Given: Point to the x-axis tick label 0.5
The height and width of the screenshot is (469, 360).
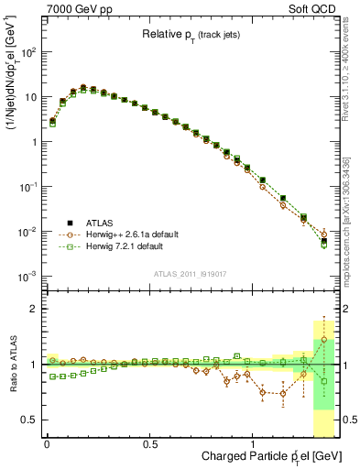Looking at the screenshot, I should pos(149,444).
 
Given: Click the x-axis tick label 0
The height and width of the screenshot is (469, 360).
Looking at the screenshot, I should pos(47,444).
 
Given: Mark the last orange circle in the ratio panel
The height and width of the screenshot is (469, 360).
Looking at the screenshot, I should pos(323,340).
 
